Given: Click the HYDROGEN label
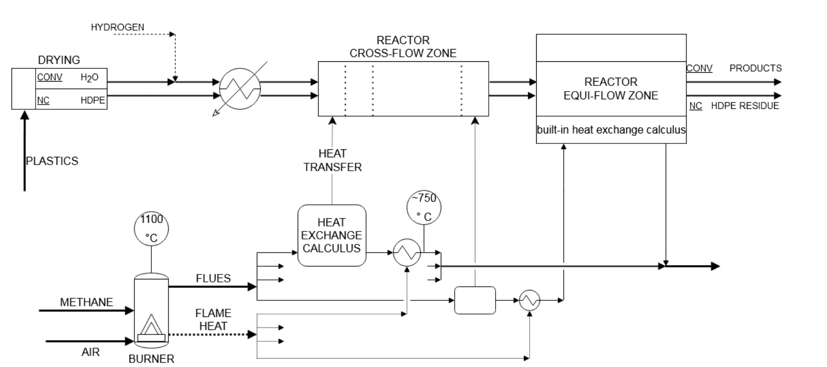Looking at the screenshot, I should point(117,27).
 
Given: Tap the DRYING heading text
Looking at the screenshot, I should point(59,60).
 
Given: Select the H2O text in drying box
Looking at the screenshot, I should point(90,78).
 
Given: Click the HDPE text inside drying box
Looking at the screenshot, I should point(93,100).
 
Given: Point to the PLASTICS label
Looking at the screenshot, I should point(52,161).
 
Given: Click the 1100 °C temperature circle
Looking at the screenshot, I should point(151,229).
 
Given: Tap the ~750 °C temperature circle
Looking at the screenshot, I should point(424,207).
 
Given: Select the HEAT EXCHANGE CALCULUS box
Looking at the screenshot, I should point(331,235).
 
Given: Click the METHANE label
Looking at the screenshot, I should point(86,302).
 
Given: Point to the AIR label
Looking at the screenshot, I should point(91,352).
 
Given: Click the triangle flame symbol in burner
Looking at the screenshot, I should point(151,325).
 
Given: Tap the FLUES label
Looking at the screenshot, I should point(213,278).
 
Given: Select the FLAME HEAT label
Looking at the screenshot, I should point(213,320).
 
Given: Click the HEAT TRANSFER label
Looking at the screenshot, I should point(332,160).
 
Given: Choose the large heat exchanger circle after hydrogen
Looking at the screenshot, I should point(240,89).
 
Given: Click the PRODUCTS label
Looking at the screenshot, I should point(755,68).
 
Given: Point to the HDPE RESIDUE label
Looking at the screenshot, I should point(745,106).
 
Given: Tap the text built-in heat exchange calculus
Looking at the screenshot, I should point(611,130).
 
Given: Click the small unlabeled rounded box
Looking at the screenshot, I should point(475,300).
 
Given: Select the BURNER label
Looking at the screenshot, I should point(151,359).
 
